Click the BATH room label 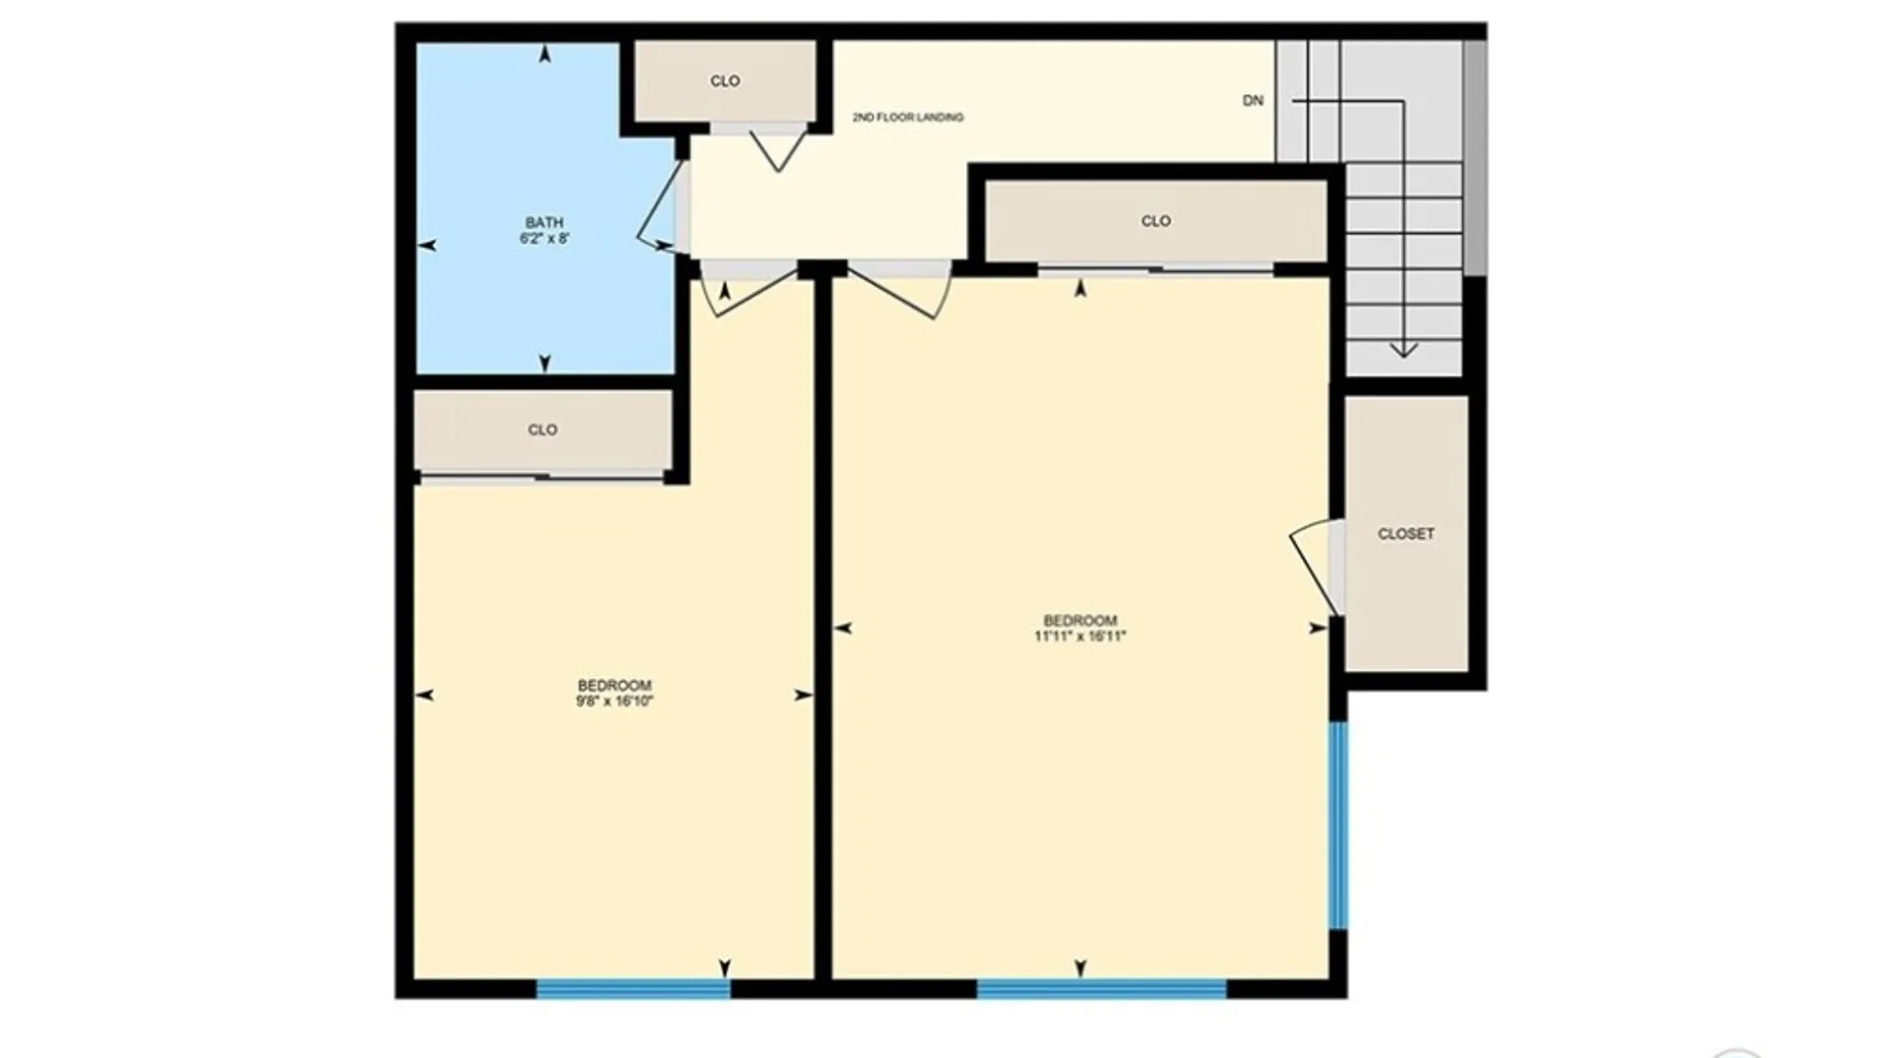(544, 222)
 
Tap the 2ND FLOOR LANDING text (907, 118)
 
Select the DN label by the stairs (1252, 101)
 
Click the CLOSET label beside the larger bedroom (1406, 534)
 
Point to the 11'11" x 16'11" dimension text (1080, 637)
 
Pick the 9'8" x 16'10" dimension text (614, 701)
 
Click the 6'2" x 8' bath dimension (544, 238)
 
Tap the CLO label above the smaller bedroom (542, 430)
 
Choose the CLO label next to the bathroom (725, 81)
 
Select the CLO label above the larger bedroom (1156, 221)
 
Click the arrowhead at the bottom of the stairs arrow (1403, 350)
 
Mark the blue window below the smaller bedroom (633, 988)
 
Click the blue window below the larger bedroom (1101, 988)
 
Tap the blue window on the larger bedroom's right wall (1337, 825)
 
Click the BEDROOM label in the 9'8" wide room (614, 686)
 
